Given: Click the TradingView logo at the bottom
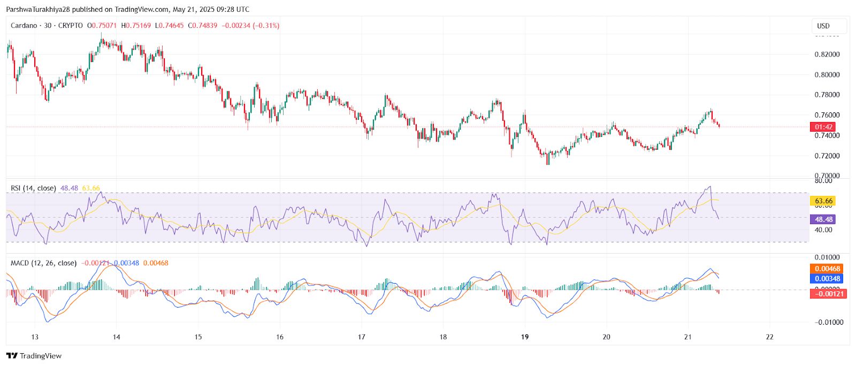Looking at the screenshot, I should [34, 356].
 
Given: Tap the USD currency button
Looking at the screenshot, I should [823, 26].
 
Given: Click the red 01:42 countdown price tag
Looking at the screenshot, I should [823, 127].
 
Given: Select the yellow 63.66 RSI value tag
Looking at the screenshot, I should [823, 201].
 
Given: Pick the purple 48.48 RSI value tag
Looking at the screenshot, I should [823, 219].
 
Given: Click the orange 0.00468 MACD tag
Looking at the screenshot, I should [828, 269].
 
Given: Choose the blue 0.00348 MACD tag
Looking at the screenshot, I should [828, 278].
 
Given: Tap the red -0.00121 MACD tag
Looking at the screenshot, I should [828, 294].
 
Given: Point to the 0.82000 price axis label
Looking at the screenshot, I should [827, 55].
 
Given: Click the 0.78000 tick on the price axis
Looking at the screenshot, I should [827, 95].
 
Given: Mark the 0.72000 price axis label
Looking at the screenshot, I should [827, 156].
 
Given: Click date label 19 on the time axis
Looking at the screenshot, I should [525, 337].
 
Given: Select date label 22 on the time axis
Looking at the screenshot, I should [769, 337].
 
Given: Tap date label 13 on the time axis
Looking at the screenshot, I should [35, 337].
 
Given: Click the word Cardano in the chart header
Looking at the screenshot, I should [24, 26].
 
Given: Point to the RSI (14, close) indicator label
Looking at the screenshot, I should [33, 188].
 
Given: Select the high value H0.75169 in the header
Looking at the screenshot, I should [136, 26].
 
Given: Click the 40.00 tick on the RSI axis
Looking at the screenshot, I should [823, 230].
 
